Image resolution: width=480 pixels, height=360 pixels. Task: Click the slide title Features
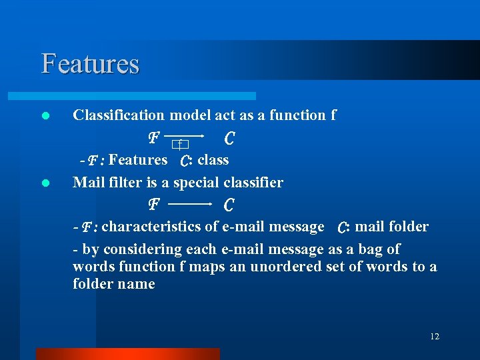[x=90, y=64]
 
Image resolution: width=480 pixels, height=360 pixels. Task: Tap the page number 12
[x=435, y=337]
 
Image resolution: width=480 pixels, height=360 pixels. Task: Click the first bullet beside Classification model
[x=45, y=116]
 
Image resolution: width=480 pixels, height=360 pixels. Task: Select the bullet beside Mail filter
[x=45, y=183]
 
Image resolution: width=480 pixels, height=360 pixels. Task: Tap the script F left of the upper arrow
[x=153, y=138]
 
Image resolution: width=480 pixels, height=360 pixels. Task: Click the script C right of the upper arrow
[x=229, y=138]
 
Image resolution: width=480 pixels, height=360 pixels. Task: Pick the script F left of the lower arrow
[x=153, y=203]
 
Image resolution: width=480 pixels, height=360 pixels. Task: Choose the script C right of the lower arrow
[x=229, y=203]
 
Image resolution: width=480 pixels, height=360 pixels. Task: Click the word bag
[x=371, y=249]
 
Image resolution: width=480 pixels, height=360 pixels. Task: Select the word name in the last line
[x=137, y=284]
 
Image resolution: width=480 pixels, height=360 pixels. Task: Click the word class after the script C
[x=213, y=160]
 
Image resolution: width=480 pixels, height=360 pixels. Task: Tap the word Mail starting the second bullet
[x=87, y=182]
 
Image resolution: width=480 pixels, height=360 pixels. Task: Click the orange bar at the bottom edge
[x=127, y=353]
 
